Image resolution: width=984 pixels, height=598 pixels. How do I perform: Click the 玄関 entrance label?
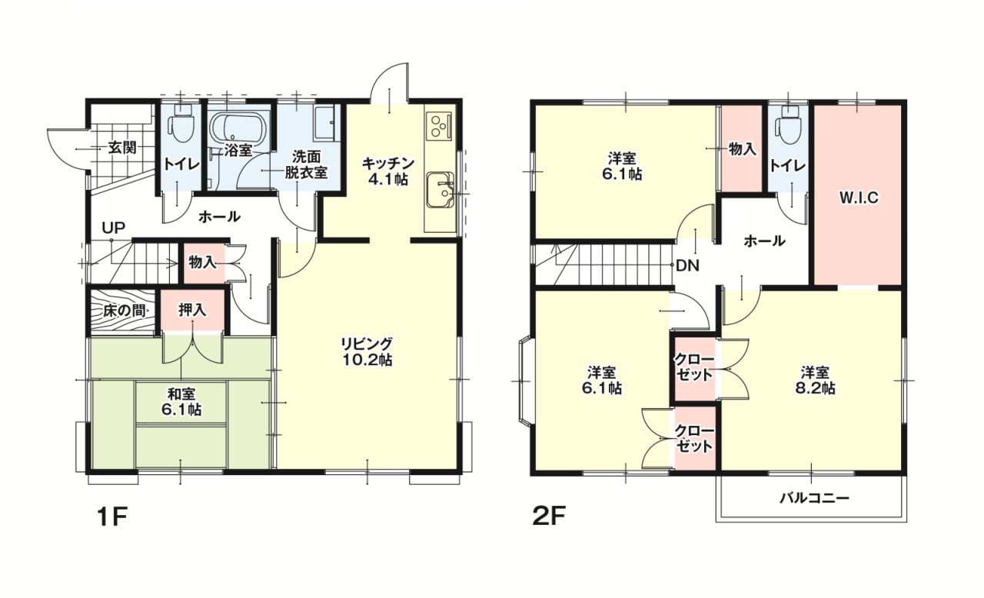pos(122,148)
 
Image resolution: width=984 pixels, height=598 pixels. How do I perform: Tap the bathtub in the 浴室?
pos(238,127)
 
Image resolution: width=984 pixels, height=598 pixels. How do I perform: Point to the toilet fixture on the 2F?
pos(788,125)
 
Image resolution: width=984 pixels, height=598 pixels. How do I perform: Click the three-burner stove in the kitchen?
pos(439,125)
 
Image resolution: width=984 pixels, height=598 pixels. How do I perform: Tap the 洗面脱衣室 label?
pos(306,164)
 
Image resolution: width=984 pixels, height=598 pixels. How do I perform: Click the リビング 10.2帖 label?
pos(367,351)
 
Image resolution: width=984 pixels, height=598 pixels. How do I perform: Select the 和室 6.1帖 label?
pos(181,402)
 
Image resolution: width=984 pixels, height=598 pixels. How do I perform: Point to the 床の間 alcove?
pos(123,311)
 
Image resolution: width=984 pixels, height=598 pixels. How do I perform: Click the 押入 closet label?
pos(192,310)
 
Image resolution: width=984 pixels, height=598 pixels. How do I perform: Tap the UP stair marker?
pos(114,228)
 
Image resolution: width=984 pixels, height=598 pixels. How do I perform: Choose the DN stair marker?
pos(687,266)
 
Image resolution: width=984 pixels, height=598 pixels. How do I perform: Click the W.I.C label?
pos(859,198)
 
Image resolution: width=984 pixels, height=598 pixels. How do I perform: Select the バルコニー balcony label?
pos(814,498)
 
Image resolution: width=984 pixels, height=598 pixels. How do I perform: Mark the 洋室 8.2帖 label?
pos(815,380)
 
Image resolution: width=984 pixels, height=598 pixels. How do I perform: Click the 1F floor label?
pos(112,517)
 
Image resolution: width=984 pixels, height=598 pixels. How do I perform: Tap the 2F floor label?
pos(548,517)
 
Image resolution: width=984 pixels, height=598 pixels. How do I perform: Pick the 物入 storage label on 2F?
pos(743,149)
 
